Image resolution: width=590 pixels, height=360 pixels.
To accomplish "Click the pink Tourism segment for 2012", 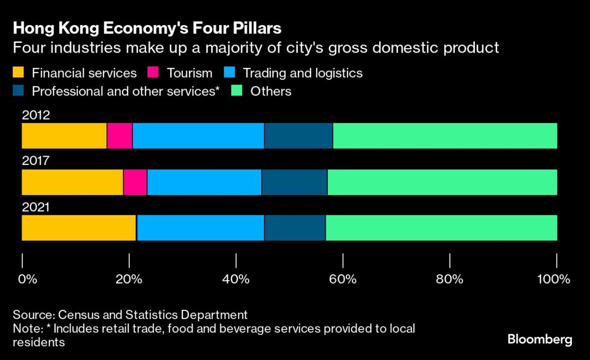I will tap(120, 136).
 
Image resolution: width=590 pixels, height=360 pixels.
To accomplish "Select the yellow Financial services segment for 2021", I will tap(79, 228).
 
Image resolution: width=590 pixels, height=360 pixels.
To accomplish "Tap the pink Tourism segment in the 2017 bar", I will tap(135, 182).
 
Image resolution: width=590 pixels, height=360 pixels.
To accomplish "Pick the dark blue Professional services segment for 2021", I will tap(295, 228).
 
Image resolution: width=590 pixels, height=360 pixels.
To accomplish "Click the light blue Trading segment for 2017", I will tap(204, 182).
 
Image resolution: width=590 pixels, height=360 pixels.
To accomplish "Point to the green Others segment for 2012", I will tap(445, 136).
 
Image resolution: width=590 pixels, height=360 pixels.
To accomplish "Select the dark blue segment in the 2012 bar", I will tap(299, 136).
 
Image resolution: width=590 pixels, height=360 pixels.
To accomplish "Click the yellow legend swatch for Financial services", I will tap(18, 73).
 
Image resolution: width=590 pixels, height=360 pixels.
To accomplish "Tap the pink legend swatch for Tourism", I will tap(153, 73).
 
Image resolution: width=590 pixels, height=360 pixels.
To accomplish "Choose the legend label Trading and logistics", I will tap(303, 73).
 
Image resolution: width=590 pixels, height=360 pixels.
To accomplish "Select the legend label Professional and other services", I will tap(125, 91).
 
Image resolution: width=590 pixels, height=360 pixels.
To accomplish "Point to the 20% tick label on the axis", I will tap(129, 279).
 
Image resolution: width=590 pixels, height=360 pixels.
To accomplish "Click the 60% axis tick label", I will tap(343, 279).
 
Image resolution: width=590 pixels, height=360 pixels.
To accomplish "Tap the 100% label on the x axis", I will tap(554, 279).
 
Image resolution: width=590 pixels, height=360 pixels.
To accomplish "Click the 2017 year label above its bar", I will tap(35, 161).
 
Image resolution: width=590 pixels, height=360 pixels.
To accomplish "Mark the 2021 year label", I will tap(35, 207).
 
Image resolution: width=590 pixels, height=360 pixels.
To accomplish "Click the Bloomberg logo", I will tap(540, 339).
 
